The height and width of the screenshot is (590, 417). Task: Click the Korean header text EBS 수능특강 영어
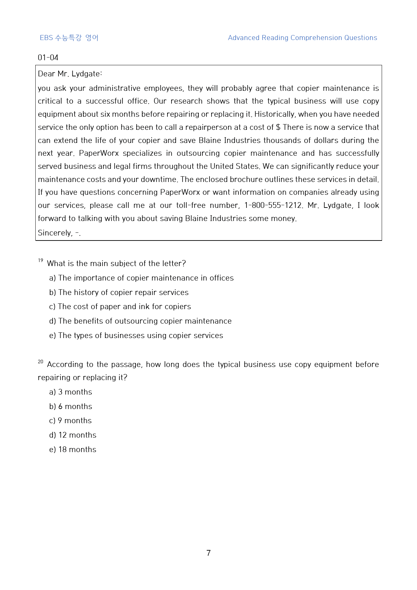coord(69,38)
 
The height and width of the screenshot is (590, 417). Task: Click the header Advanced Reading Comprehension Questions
coord(302,38)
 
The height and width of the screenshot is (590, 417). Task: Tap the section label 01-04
coord(48,58)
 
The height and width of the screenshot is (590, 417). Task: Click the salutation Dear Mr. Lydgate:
coord(70,74)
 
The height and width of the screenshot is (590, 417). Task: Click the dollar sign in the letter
coord(278,127)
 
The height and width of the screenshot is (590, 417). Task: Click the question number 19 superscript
coord(41,260)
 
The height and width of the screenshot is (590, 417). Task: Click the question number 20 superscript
coord(41,362)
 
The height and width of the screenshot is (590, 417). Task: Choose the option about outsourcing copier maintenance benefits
coord(140,321)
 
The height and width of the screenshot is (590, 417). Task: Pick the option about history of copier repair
coord(119,292)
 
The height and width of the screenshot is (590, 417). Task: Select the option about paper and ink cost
coord(120,306)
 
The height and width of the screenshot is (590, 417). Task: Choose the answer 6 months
coord(71,406)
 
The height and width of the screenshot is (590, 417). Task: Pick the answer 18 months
coord(73,449)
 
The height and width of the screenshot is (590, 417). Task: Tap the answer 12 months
coord(73,435)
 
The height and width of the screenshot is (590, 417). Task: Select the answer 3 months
coord(71,392)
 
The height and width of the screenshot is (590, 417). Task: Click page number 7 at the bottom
coord(208,553)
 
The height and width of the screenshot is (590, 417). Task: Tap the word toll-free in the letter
coord(191,205)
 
